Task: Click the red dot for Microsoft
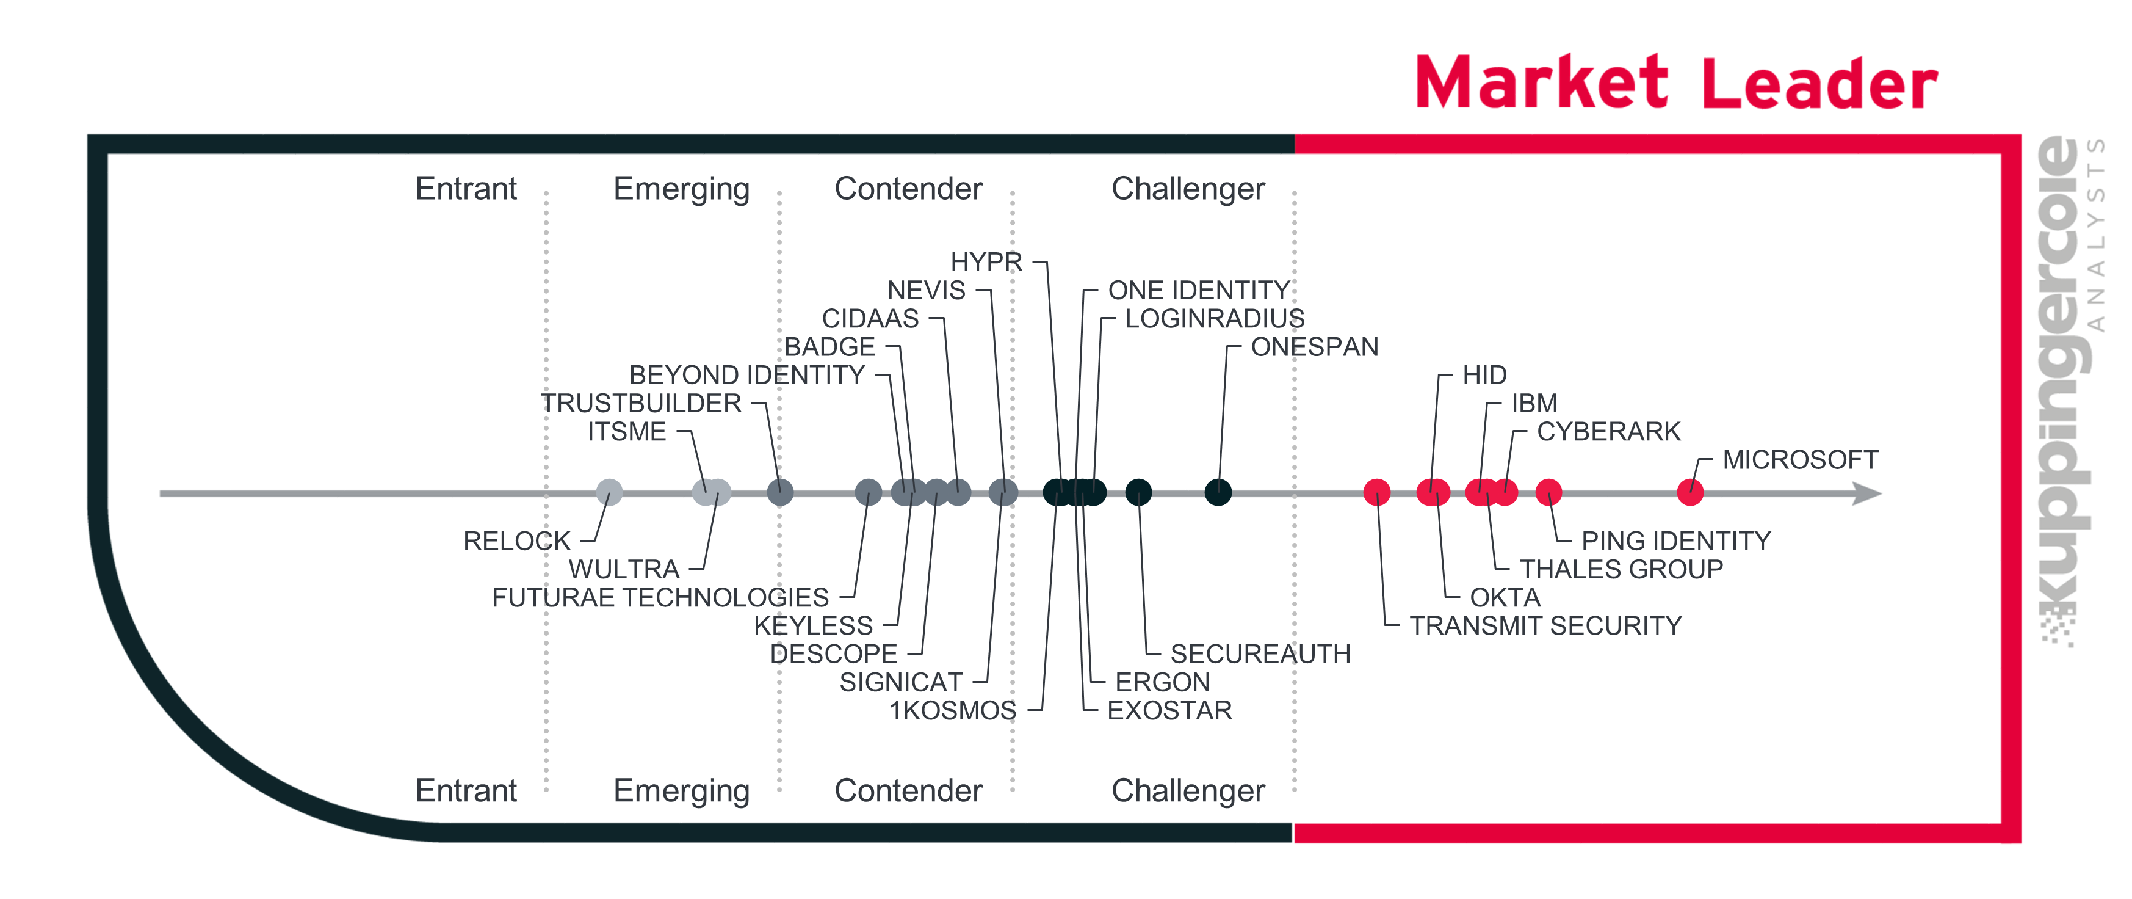click(x=1690, y=492)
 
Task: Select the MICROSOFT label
click(x=1800, y=459)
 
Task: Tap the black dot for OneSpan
click(x=1218, y=492)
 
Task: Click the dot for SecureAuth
click(x=1139, y=492)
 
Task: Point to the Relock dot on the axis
click(x=609, y=492)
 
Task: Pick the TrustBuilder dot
click(x=781, y=492)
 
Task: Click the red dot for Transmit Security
click(x=1377, y=492)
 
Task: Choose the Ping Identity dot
click(x=1548, y=492)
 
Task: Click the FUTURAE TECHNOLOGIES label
click(x=660, y=598)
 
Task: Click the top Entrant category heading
click(x=466, y=189)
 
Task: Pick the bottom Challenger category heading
click(x=1188, y=790)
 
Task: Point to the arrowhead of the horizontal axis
click(x=1869, y=493)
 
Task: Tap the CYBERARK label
click(x=1609, y=431)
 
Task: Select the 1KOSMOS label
click(x=953, y=711)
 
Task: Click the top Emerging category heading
click(x=682, y=189)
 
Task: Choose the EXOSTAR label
click(x=1169, y=711)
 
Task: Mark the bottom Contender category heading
click(x=909, y=790)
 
